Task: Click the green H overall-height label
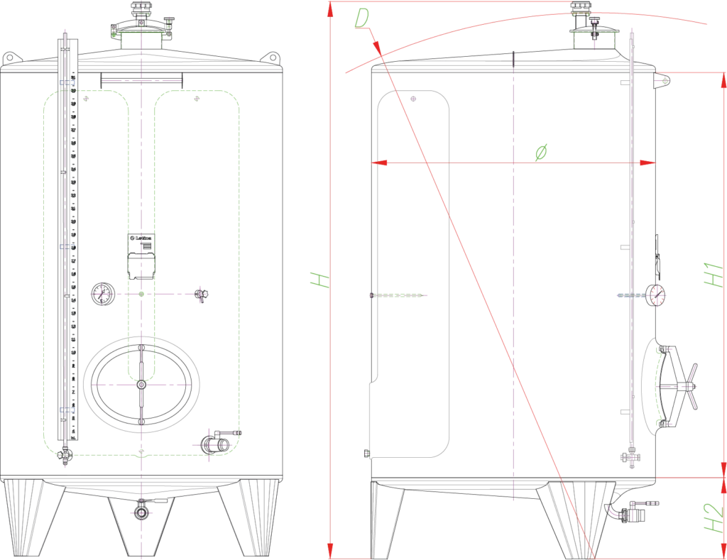(319, 278)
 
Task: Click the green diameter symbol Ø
(542, 150)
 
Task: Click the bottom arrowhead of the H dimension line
(332, 549)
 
